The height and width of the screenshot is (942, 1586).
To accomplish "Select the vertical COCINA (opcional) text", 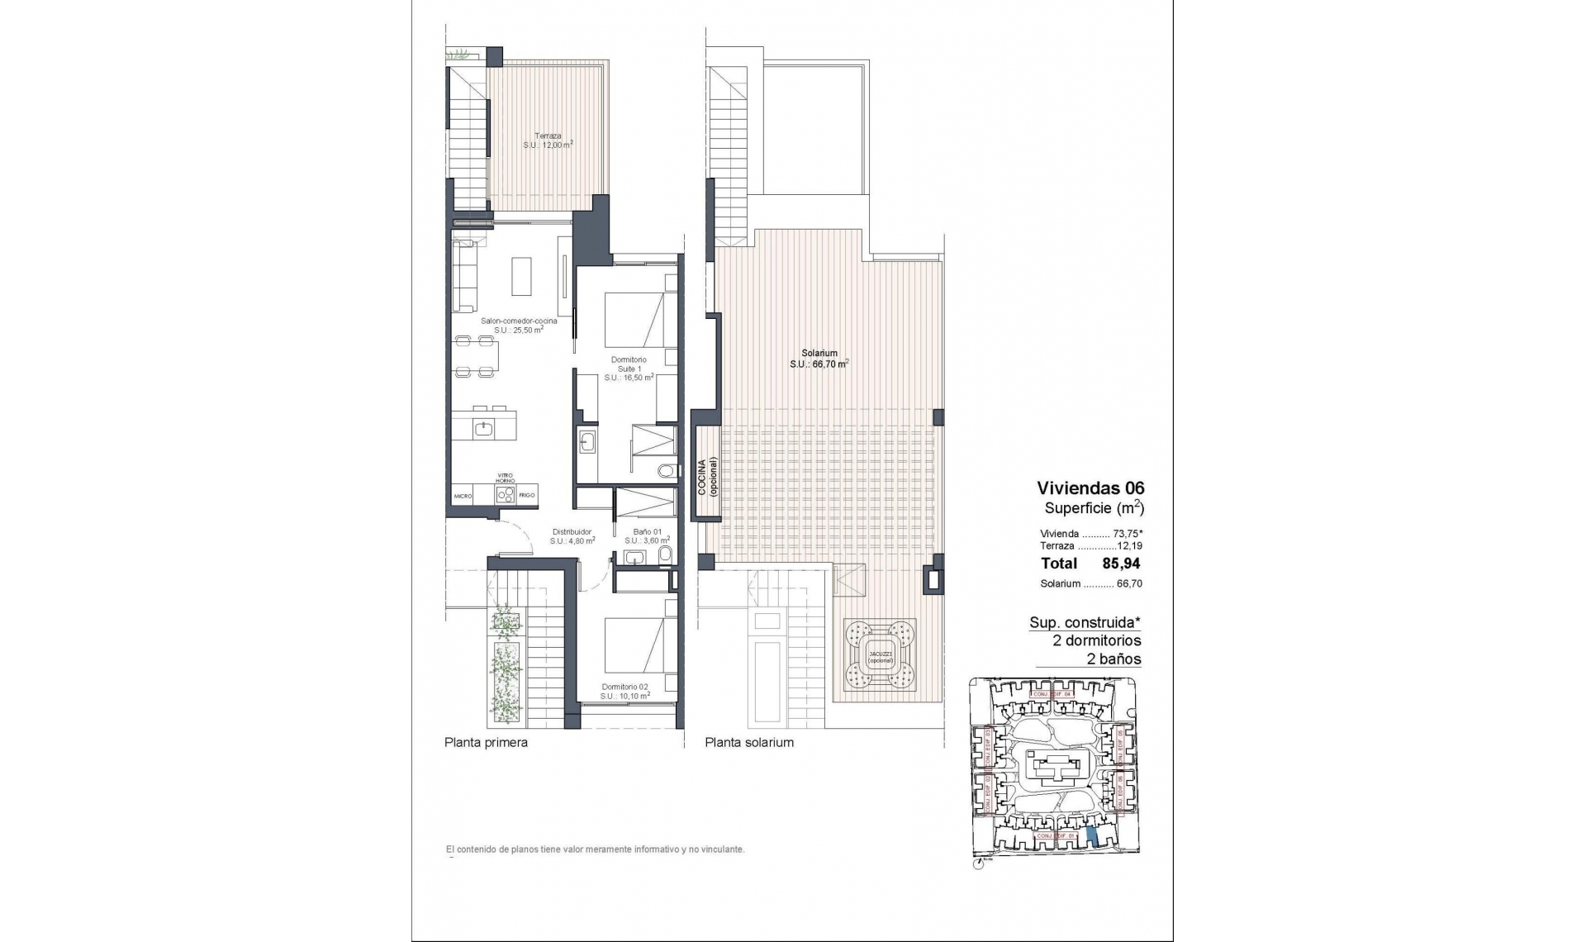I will coord(707,476).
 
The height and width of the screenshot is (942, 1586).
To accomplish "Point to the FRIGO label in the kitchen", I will coord(527,496).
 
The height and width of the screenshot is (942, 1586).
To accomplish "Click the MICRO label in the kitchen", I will coord(463,496).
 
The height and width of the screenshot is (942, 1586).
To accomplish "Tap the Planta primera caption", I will coord(486,742).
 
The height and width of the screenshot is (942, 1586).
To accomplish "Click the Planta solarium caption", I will coord(749,742).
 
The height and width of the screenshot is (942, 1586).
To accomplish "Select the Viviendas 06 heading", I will coord(1090,488).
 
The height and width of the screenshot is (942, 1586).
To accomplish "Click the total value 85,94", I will coord(1121,564).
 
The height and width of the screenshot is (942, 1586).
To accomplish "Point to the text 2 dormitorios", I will coord(1096,640).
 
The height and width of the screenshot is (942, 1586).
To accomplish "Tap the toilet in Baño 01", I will coord(666,554).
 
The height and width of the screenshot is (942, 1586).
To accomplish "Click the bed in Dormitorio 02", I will coord(634,645).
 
